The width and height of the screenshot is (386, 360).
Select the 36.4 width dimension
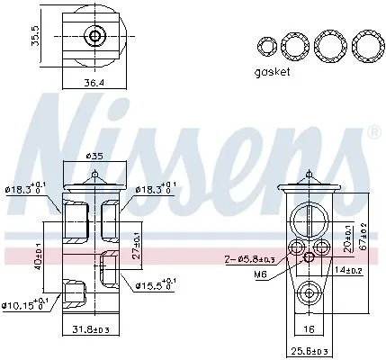click(94, 84)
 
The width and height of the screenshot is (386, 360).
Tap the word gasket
click(274, 72)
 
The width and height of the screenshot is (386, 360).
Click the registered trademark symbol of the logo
click(374, 131)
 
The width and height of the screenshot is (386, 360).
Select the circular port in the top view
click(94, 37)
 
